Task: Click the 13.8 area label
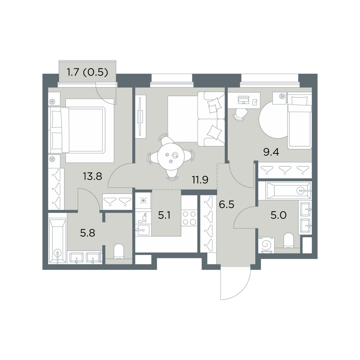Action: click(x=92, y=176)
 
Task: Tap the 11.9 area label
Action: click(x=200, y=180)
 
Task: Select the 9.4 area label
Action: click(x=271, y=152)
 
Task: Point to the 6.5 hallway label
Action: click(x=226, y=204)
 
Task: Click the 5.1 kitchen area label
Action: click(x=165, y=216)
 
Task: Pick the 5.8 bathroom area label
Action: click(x=88, y=233)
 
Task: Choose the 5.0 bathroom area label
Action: click(x=278, y=216)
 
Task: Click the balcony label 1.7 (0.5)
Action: click(x=87, y=72)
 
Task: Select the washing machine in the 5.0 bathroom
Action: click(x=266, y=245)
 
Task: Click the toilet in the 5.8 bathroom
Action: click(x=119, y=251)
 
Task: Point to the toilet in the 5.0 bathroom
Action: click(x=289, y=240)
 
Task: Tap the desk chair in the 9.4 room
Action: click(x=240, y=114)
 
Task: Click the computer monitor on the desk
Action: click(x=243, y=100)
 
